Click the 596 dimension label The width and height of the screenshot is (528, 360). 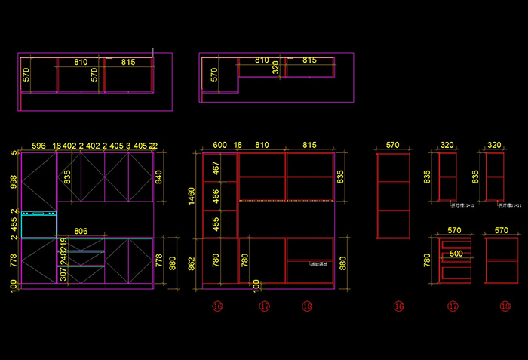click(x=38, y=146)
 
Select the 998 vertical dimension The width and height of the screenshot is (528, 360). click(x=14, y=182)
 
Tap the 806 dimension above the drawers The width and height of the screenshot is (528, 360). click(x=80, y=232)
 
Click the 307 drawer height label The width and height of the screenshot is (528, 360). click(x=63, y=275)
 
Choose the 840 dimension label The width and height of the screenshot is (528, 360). click(x=158, y=177)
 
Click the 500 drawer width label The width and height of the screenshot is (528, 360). click(x=456, y=254)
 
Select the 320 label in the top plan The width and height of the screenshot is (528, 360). click(x=276, y=67)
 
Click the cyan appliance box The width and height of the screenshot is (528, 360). click(x=39, y=225)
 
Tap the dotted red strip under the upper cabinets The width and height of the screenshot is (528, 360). click(x=286, y=201)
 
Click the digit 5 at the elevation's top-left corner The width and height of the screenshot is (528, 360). click(x=14, y=152)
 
